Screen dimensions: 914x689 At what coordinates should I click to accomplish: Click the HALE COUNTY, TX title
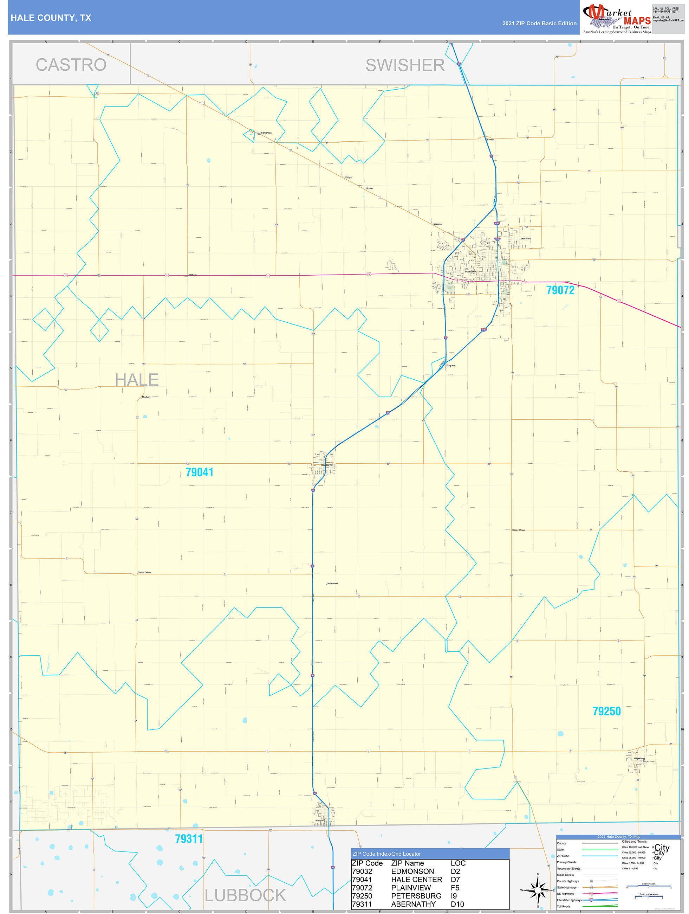point(51,18)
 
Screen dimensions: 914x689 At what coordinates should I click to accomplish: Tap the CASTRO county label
point(71,65)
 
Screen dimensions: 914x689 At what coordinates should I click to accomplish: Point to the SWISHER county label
point(405,65)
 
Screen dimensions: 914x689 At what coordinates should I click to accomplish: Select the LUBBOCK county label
point(245,895)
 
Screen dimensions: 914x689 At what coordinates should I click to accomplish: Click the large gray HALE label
point(137,379)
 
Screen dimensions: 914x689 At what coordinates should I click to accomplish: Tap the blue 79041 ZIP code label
point(199,472)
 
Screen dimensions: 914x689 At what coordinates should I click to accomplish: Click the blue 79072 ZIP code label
point(560,290)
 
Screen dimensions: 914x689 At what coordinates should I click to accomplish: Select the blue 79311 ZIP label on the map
point(189,839)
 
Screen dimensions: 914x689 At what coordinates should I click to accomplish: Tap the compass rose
point(538,890)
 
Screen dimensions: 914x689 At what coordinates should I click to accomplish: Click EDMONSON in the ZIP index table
point(412,871)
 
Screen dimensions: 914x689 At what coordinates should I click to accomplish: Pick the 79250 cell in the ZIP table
point(362,896)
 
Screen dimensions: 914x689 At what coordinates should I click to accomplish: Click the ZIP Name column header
point(407,863)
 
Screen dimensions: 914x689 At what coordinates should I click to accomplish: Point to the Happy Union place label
point(518,530)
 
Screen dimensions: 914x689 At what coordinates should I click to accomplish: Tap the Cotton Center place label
point(144,572)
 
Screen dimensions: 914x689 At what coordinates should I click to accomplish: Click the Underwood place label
point(332,584)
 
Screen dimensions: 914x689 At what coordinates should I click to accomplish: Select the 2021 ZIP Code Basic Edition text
point(539,24)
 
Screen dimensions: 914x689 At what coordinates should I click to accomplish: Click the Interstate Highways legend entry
point(569,900)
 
